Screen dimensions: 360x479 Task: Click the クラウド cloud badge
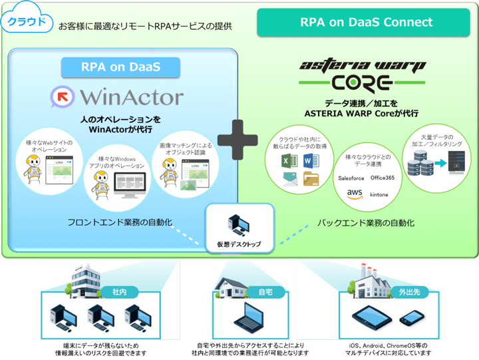[27, 21]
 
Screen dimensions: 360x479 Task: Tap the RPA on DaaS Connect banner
[366, 23]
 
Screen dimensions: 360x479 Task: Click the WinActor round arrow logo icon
[65, 98]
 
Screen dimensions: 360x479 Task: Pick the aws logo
[354, 194]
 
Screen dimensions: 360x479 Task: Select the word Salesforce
[352, 178]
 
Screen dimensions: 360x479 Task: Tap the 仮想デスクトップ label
[239, 245]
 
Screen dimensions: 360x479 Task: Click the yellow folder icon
[311, 178]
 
